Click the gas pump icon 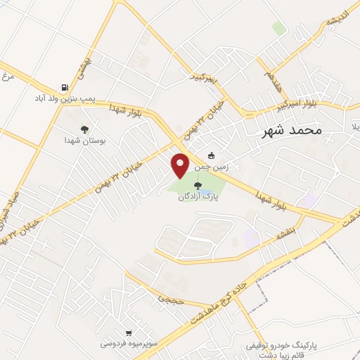point(65,89)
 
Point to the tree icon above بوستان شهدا point(84,129)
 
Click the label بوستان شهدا point(83,141)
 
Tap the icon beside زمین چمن point(212,156)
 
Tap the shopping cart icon point(128,333)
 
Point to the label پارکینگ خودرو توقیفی point(281,347)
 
